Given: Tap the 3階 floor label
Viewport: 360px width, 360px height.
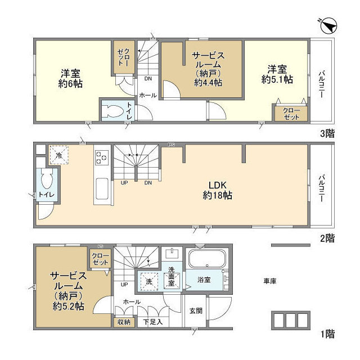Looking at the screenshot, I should coord(327,134).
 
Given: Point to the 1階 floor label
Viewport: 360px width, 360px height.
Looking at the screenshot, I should coord(327,335).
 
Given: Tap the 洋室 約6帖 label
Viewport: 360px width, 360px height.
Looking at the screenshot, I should coord(70,79).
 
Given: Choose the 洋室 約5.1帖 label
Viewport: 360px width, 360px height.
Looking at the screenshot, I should coord(277,75).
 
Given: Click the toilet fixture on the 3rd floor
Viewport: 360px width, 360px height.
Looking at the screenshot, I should coord(111,111).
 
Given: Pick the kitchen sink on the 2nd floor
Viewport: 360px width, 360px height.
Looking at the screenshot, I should coord(103,188).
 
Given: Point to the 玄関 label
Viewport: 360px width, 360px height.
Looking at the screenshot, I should coord(196,310).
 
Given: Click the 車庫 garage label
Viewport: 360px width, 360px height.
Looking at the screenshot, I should coord(269,280).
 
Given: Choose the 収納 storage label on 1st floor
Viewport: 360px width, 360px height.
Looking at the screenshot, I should coord(123,322).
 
